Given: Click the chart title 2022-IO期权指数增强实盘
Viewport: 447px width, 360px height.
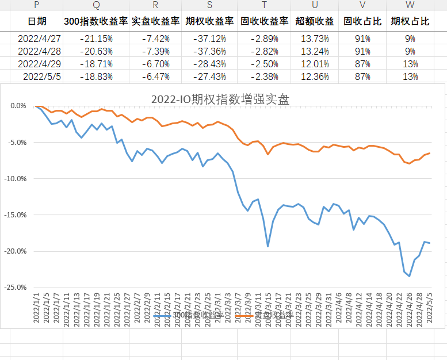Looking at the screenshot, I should pos(220,99).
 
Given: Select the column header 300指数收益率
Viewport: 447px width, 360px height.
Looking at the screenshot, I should pos(96,22).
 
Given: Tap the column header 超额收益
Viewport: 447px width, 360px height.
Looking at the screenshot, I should pos(314,22).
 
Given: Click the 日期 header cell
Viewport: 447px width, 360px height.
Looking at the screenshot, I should pos(37,22).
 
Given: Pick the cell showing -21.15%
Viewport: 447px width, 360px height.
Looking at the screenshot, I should pos(96,39).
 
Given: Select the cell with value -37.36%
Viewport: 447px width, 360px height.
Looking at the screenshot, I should pos(209,51).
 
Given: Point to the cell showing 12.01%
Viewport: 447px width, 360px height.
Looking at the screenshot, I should pos(314,63).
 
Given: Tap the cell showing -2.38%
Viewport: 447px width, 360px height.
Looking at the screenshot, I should pos(264,76).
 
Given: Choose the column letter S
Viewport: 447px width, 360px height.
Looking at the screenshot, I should pos(209,5).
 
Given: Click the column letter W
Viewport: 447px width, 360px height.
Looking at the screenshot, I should pos(410,5).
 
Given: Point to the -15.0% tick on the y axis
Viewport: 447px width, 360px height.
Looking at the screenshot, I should pos(15,215).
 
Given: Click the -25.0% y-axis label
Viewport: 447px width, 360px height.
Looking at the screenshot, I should pos(15,288).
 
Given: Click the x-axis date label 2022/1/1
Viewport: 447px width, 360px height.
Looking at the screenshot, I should pos(36,308).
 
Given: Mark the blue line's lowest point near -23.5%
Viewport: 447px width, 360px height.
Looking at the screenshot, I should pos(410,276).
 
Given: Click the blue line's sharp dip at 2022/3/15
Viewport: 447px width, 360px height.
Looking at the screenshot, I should pos(268,247).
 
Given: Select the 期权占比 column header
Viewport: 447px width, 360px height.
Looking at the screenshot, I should pos(410,22).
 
